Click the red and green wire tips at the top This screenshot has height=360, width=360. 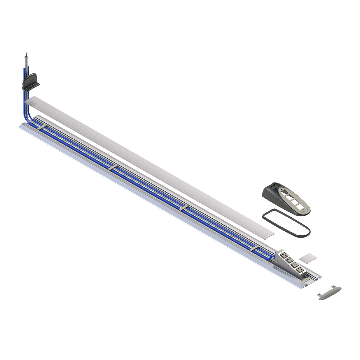point(25,54)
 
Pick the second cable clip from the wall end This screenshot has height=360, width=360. point(113,167)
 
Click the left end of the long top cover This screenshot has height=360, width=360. point(31,101)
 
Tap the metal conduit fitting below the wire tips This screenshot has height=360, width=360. point(26,66)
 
